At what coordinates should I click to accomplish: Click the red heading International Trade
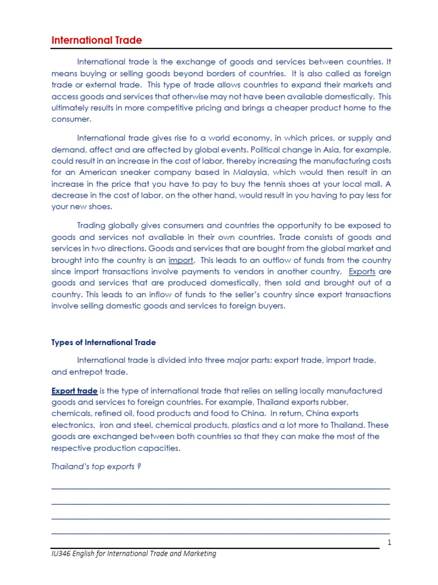[96, 41]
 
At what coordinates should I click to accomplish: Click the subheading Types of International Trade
[103, 342]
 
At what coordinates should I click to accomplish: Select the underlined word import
[181, 260]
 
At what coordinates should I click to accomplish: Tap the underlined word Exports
[362, 271]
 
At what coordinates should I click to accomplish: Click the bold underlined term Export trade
[74, 391]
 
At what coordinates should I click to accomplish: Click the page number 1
[388, 543]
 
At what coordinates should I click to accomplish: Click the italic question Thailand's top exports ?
[96, 467]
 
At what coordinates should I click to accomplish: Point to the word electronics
[72, 424]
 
